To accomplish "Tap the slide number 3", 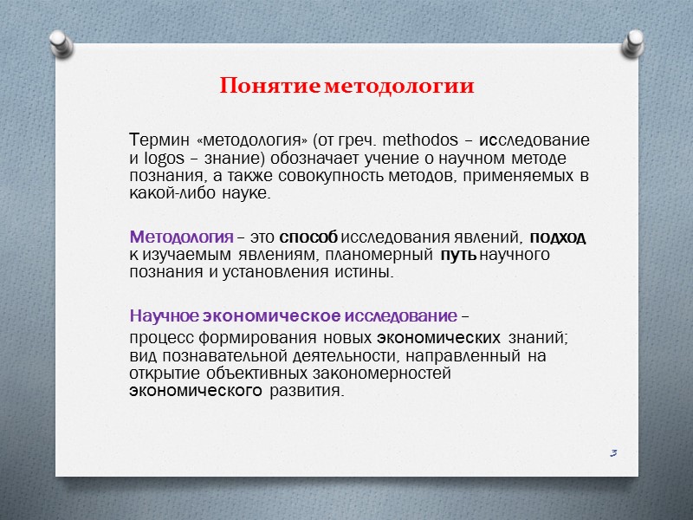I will pos(612,452).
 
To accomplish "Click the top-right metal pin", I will pos(635,41).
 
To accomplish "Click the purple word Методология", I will pos(180,237).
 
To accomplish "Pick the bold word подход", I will pos(557,237).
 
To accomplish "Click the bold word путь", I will pos(458,256).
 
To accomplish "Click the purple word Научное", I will pos(160,315).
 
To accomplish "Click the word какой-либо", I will pos(165,195).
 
